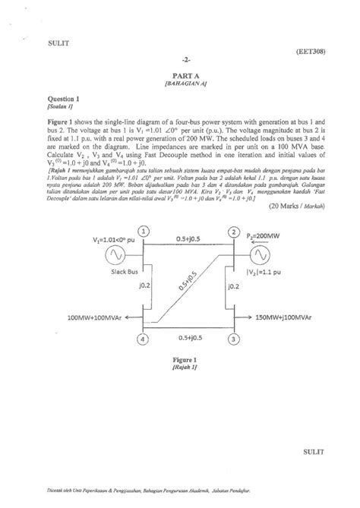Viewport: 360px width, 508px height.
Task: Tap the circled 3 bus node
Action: [x=234, y=339]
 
